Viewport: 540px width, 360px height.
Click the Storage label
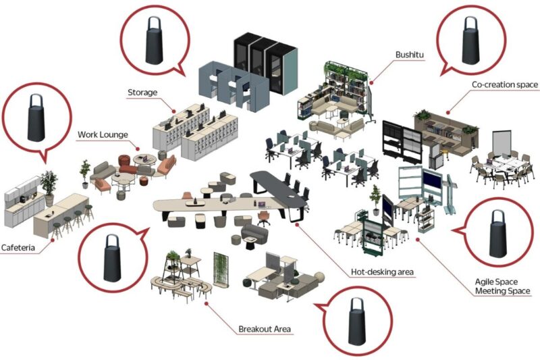coord(143,92)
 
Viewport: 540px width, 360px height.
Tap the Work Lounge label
coord(103,134)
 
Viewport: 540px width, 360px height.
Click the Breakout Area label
coord(264,330)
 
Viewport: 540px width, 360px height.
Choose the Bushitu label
coord(410,55)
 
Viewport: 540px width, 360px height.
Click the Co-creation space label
coord(504,84)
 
